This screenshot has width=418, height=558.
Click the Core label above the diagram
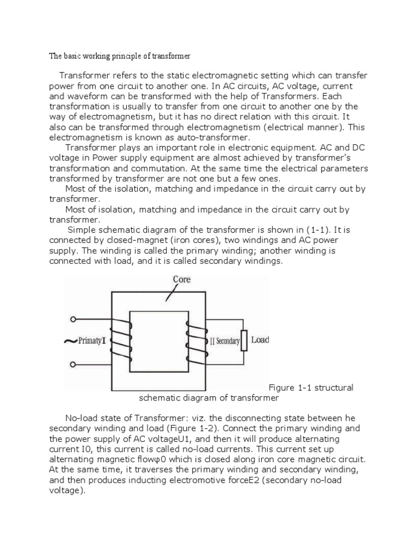pyautogui.click(x=182, y=279)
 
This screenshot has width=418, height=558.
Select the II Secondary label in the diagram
pyautogui.click(x=224, y=341)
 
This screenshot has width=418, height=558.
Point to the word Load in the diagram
pyautogui.click(x=260, y=340)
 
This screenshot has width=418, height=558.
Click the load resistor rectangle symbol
pyautogui.click(x=244, y=341)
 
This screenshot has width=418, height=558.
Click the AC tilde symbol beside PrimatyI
pyautogui.click(x=70, y=342)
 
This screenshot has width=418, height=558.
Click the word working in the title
pyautogui.click(x=93, y=56)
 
